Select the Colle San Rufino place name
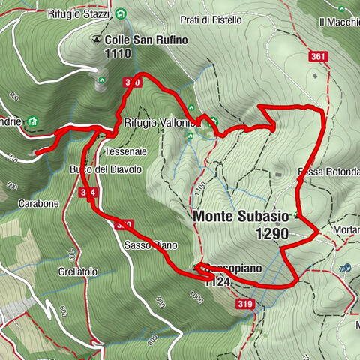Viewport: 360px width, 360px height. point(145,40)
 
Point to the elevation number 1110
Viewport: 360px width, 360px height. point(119,53)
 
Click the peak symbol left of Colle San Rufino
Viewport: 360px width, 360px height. point(96,40)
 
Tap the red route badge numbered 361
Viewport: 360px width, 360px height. point(319,56)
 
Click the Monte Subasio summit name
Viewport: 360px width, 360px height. point(241,216)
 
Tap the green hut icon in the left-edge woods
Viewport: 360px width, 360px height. point(32,122)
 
